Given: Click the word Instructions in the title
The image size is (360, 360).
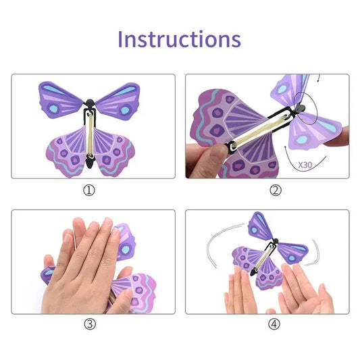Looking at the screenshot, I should coord(179,38).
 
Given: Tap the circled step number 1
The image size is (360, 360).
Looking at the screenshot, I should coord(89,190).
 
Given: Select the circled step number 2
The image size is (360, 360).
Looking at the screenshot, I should coord(275,190).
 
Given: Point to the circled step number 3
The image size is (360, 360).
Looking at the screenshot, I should coord(89,324).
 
